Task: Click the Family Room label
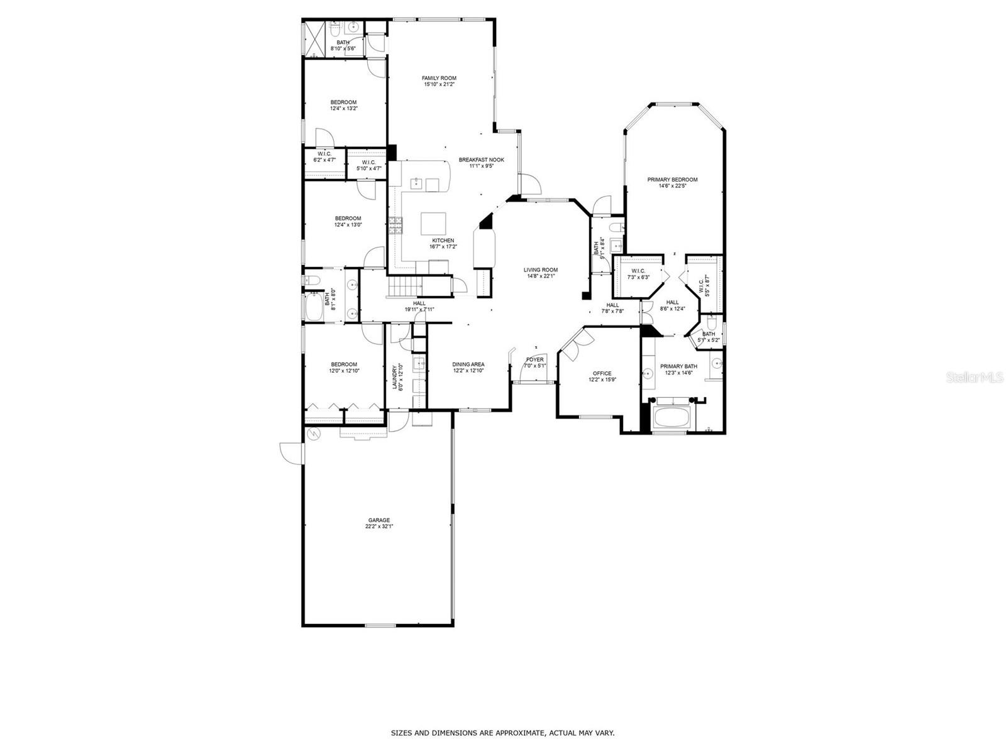click(439, 79)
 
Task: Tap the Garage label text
click(379, 520)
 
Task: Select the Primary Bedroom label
click(672, 180)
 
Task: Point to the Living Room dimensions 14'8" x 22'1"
click(541, 276)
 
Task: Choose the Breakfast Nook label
click(481, 160)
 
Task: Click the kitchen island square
click(433, 224)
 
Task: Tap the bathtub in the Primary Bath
click(672, 417)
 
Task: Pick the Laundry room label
click(396, 377)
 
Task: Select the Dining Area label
click(468, 364)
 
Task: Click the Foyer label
click(535, 360)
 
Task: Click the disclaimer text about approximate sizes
click(502, 733)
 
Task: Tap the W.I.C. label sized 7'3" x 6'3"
click(639, 271)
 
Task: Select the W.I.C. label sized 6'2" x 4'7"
click(324, 154)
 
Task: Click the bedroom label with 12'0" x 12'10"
click(344, 364)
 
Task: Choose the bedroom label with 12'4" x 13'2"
click(344, 102)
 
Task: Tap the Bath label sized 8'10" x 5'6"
click(343, 43)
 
